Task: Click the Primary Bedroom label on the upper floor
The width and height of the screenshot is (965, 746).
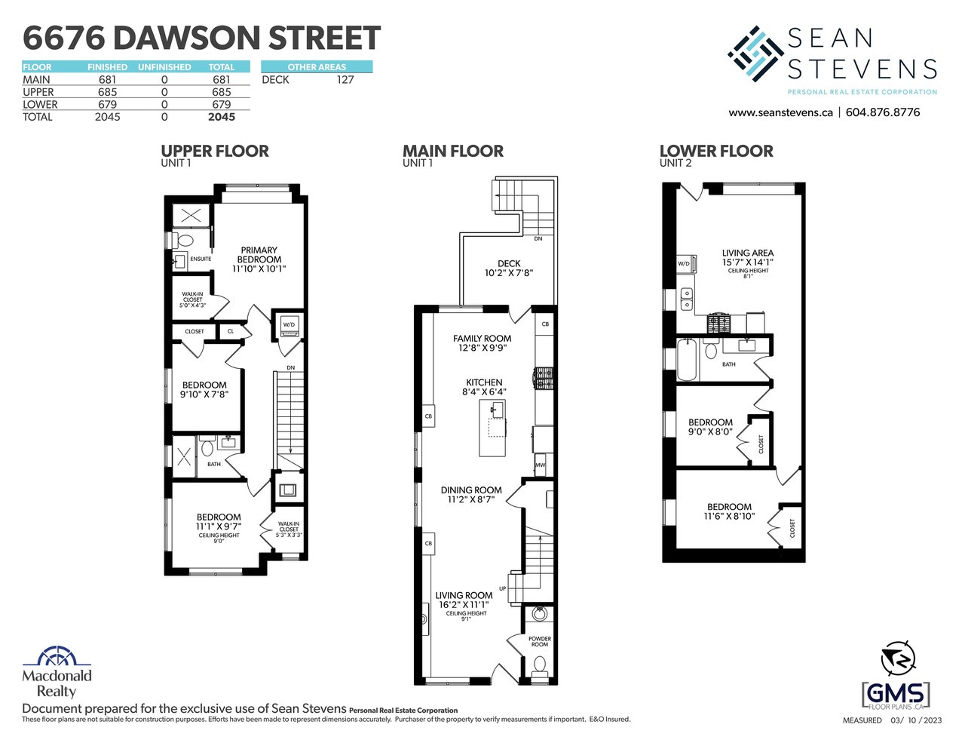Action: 259,255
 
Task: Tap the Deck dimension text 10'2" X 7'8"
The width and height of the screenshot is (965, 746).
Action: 508,273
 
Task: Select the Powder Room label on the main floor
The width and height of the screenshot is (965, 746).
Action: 540,641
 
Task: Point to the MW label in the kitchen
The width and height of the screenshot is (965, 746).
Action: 540,465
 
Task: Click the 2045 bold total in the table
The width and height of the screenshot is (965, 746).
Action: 222,117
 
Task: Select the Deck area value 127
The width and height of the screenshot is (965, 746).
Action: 345,79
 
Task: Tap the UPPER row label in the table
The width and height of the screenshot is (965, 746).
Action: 38,92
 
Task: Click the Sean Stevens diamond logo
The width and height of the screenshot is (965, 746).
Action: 755,54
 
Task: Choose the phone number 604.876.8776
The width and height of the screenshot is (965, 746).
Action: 882,112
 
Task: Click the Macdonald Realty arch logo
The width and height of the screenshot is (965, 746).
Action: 57,657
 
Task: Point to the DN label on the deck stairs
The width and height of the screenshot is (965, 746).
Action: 538,238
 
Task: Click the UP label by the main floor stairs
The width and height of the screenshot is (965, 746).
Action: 502,588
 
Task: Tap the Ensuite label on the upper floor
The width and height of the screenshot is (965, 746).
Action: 201,259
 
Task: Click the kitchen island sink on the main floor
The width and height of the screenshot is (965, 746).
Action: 497,408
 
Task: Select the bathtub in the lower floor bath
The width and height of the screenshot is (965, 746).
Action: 687,360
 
